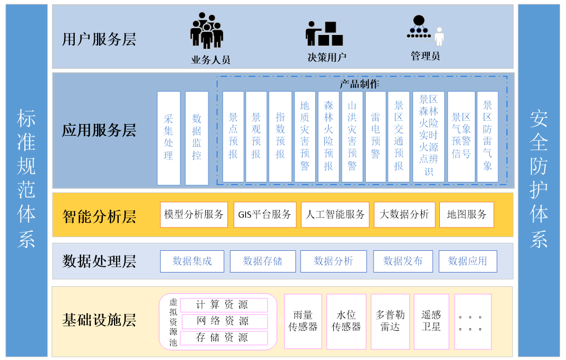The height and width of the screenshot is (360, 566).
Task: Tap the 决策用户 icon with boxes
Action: [324, 34]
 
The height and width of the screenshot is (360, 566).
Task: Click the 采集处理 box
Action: [169, 138]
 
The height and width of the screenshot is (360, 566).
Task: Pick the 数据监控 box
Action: [197, 138]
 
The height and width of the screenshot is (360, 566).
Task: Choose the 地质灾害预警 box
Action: [305, 137]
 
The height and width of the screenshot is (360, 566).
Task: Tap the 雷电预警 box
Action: [375, 137]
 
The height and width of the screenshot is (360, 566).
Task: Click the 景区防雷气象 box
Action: [488, 137]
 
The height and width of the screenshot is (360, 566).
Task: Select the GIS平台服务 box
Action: [264, 215]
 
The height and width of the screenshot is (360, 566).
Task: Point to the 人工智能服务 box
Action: [335, 215]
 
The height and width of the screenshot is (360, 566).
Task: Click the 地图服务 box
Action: [466, 215]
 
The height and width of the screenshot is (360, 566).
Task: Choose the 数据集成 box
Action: [192, 261]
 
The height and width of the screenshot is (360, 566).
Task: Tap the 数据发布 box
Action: [403, 261]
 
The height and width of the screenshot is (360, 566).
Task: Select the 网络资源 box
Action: [225, 321]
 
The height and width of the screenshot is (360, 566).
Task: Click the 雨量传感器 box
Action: [303, 321]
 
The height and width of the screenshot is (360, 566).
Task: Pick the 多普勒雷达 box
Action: [390, 321]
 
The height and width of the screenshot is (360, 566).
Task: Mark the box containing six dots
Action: [473, 321]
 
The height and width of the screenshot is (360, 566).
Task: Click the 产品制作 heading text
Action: [359, 84]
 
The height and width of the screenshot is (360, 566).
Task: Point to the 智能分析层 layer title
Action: [99, 216]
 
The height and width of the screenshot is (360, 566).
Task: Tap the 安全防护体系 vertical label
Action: [538, 180]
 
